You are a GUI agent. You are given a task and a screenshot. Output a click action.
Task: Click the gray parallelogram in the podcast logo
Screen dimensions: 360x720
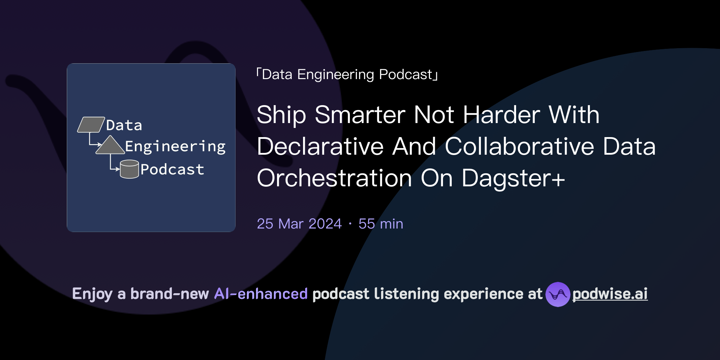point(91,125)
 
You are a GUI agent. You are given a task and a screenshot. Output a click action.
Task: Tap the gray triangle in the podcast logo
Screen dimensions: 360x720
point(110,146)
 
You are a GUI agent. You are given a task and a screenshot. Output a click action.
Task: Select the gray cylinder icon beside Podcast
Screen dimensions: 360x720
point(129,169)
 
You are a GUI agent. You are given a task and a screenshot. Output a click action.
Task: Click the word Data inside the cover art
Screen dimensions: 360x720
point(124,126)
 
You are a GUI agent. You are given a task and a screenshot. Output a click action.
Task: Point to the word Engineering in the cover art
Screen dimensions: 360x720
point(175,147)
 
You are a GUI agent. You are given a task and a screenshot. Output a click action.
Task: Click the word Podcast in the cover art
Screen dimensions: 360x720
point(172,169)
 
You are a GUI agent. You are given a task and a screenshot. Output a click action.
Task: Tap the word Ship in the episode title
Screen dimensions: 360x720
point(281,115)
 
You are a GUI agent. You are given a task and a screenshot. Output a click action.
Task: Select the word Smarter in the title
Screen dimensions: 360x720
point(360,115)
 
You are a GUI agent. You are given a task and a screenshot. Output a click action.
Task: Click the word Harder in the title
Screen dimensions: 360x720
point(501,115)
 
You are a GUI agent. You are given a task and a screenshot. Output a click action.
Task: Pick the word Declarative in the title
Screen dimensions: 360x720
point(320,147)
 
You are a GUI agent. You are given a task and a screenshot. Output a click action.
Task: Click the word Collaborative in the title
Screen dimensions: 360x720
point(520,147)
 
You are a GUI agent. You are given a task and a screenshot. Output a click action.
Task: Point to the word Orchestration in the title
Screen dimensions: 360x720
point(334,178)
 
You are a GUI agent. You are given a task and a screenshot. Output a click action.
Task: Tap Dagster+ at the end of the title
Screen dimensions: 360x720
point(513,178)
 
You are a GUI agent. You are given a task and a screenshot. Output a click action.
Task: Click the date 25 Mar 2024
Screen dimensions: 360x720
point(299,224)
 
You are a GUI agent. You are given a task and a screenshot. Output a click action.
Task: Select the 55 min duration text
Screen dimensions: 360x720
point(381,224)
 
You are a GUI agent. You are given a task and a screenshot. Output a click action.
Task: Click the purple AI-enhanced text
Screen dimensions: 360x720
point(261,294)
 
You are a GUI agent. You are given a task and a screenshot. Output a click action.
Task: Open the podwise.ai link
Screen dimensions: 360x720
point(610,294)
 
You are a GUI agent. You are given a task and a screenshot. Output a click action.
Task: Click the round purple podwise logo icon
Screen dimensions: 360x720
point(558,294)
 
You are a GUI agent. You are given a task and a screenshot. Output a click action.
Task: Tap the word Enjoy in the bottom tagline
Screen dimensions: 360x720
point(92,294)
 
